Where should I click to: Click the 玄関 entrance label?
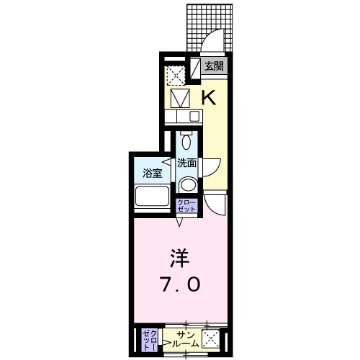pos(214,66)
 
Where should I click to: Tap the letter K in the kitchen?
pos(208,97)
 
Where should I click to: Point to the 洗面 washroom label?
pos(187,163)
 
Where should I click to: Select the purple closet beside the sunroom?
pos(148,338)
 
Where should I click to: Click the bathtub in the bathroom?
pos(152,197)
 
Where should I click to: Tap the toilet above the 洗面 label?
pos(186,140)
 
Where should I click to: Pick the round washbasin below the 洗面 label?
pos(187,185)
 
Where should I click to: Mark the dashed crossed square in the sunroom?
pos(212,339)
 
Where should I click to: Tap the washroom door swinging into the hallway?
pos(210,167)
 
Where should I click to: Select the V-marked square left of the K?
pos(181,96)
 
